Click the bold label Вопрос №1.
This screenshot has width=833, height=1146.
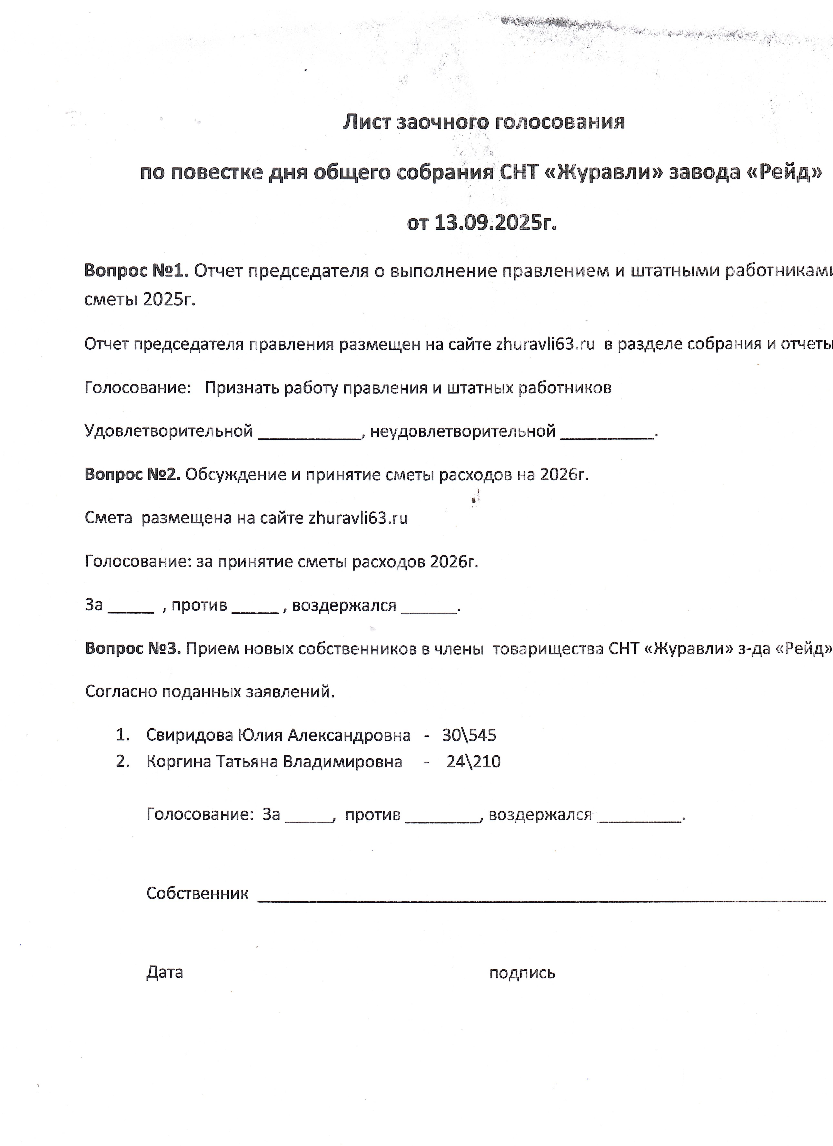(136, 271)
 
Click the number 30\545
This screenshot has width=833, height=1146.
(469, 735)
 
